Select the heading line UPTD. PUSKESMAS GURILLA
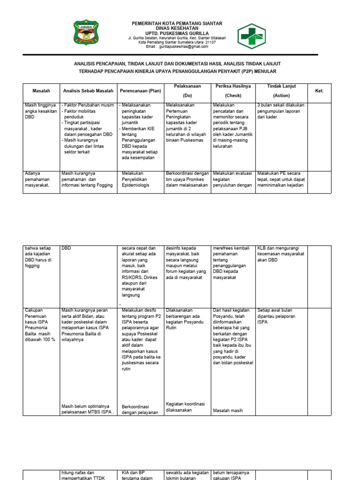pyautogui.click(x=177, y=33)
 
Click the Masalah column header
pyautogui.click(x=41, y=90)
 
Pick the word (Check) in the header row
pyautogui.click(x=233, y=95)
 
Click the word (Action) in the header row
pyautogui.click(x=278, y=95)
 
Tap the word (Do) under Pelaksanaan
pyautogui.click(x=187, y=95)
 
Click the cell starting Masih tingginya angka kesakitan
pyautogui.click(x=41, y=111)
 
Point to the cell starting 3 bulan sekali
pyautogui.click(x=280, y=111)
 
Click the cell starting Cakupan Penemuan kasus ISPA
pyautogui.click(x=41, y=324)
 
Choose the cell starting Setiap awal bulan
pyautogui.click(x=277, y=316)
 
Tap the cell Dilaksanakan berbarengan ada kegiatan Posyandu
pyautogui.click(x=187, y=316)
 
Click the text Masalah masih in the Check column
pyautogui.click(x=228, y=411)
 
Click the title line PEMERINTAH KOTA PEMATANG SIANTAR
pyautogui.click(x=177, y=23)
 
